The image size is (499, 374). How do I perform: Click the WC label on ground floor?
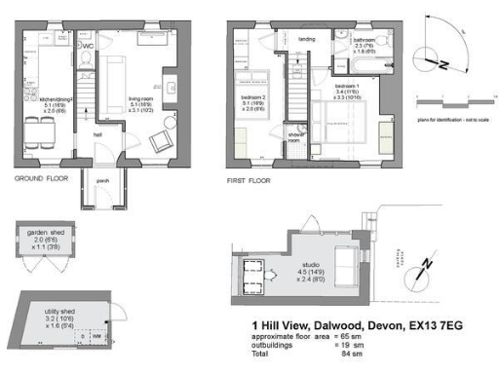(x=87, y=45)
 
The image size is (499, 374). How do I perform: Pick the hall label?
(x=98, y=135)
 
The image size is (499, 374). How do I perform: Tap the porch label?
(x=101, y=181)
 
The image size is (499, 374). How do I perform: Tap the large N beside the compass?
(x=443, y=65)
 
